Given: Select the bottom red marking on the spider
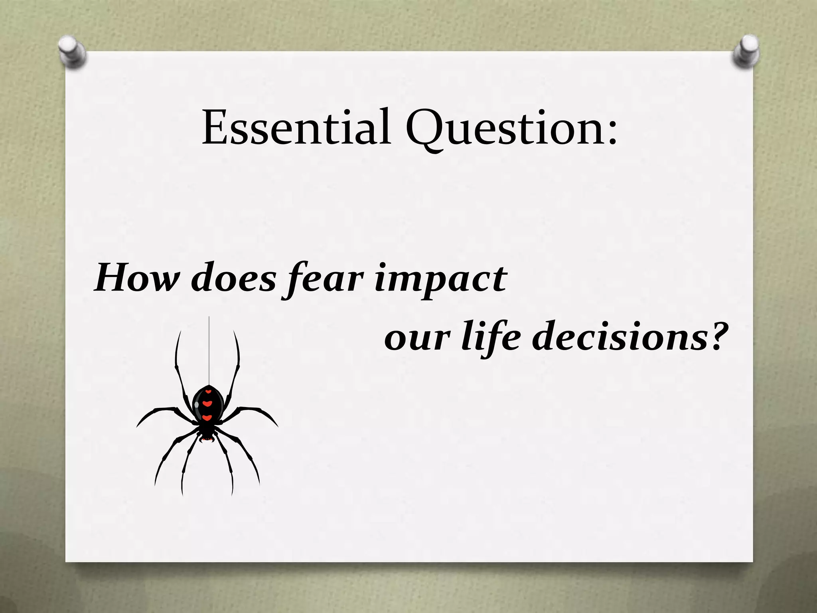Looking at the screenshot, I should click(x=207, y=418).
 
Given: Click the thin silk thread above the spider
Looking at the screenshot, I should click(x=209, y=347).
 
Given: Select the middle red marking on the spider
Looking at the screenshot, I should click(x=207, y=403).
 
